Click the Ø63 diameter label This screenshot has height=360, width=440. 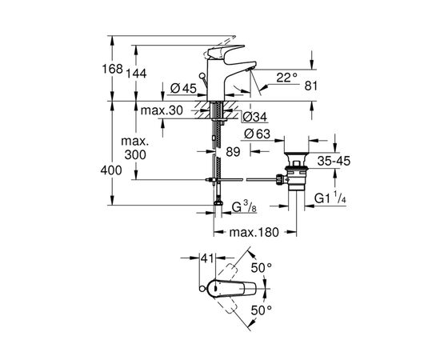pos(254,134)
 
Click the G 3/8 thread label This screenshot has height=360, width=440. pos(245,208)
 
